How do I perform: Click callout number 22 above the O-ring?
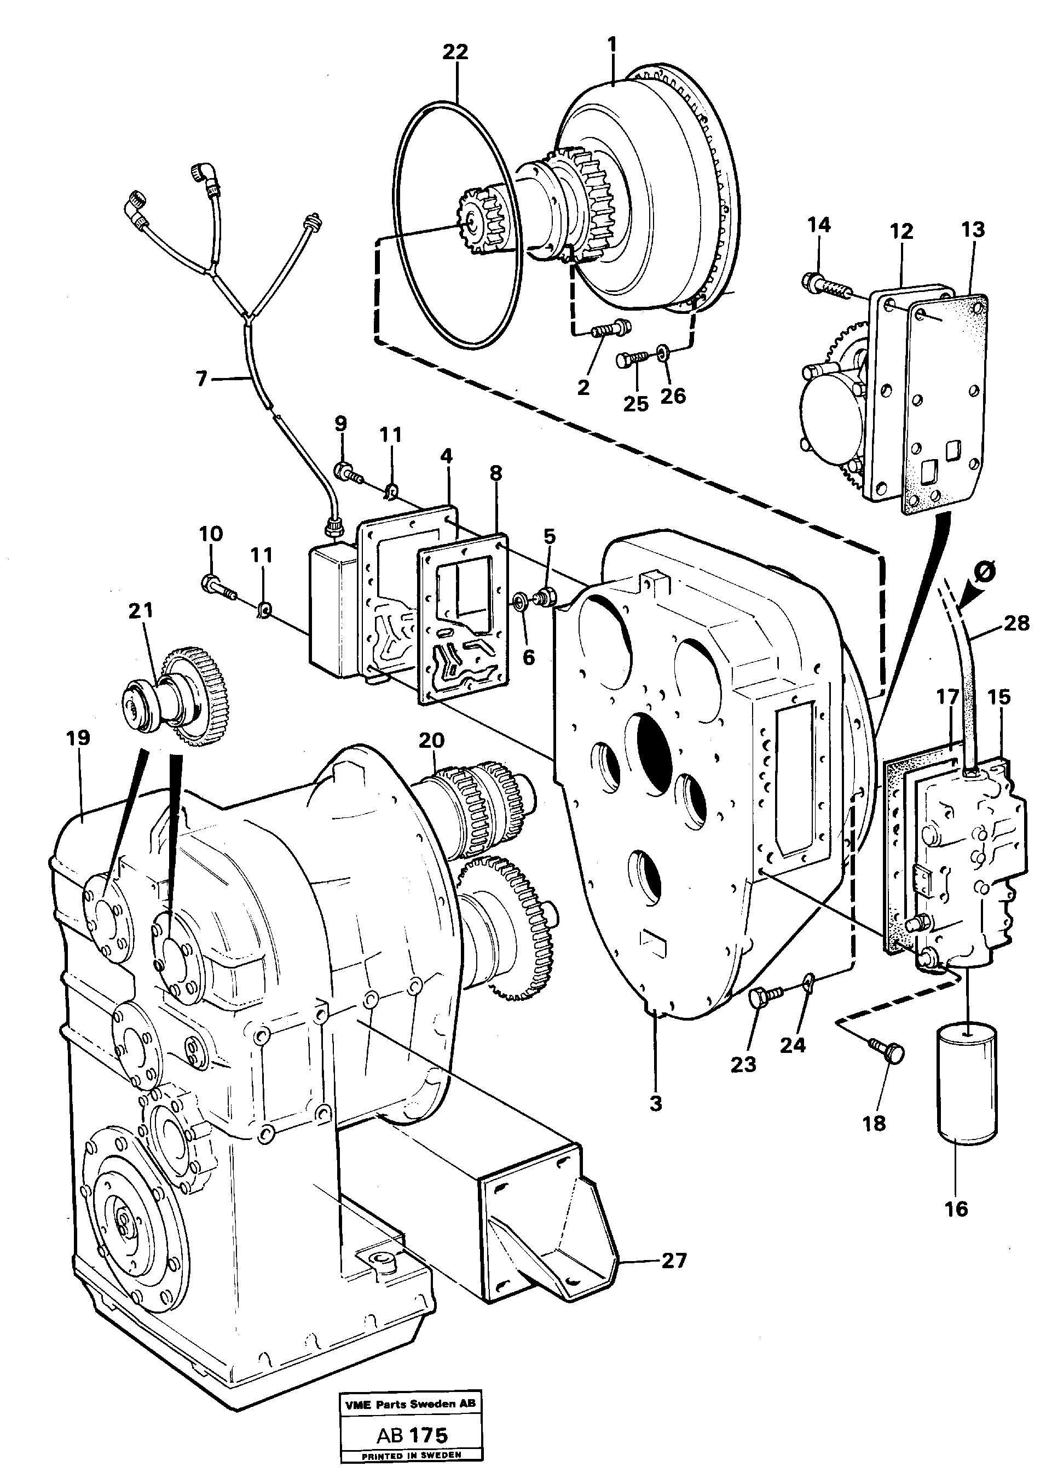(455, 52)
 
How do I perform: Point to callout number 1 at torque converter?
(611, 44)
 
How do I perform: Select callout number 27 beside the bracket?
(674, 1260)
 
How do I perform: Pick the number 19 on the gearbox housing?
(78, 738)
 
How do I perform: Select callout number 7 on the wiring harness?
(201, 379)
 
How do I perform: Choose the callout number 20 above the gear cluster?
(431, 741)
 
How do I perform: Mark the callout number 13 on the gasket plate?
(973, 230)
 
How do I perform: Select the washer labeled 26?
(662, 352)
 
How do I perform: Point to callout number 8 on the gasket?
(495, 473)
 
